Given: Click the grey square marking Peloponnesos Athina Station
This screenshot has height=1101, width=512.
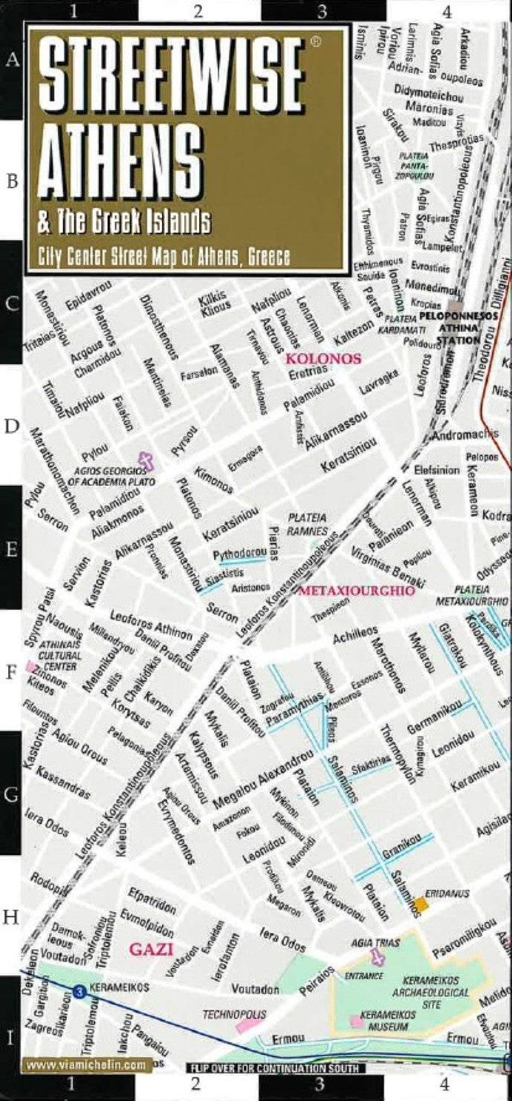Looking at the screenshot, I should [455, 306].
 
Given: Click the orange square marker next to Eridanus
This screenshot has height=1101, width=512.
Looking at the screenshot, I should [421, 904].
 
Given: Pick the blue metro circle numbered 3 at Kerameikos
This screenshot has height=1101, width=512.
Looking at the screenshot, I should [79, 990].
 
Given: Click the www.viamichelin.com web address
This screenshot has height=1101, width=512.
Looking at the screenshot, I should [85, 1065].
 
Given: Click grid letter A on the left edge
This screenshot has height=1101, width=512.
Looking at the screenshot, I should [12, 60].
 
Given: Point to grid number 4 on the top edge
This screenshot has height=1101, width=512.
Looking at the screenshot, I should [447, 11].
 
